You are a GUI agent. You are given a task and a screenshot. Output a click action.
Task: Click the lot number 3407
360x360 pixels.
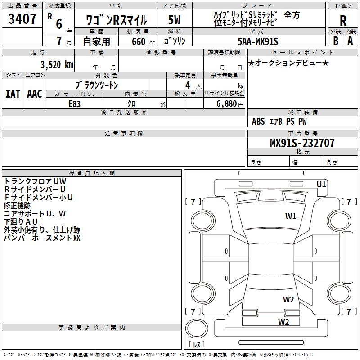(22, 20)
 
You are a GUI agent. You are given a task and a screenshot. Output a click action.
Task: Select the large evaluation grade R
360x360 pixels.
(343, 20)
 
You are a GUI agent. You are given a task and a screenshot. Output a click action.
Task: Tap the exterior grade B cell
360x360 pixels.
(335, 40)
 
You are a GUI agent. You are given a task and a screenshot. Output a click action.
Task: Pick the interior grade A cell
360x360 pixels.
(351, 40)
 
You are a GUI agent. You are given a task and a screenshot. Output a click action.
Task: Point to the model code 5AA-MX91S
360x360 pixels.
(258, 41)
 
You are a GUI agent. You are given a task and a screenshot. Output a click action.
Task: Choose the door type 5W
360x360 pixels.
(175, 21)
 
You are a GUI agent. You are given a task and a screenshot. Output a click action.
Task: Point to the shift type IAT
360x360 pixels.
(13, 94)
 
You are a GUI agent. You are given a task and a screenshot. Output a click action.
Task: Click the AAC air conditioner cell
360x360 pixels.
(34, 94)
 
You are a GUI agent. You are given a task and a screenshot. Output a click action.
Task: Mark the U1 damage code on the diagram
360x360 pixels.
(321, 184)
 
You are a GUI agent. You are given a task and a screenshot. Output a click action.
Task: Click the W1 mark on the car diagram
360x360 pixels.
(291, 216)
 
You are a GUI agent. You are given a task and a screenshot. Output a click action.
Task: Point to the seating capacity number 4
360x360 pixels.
(187, 85)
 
